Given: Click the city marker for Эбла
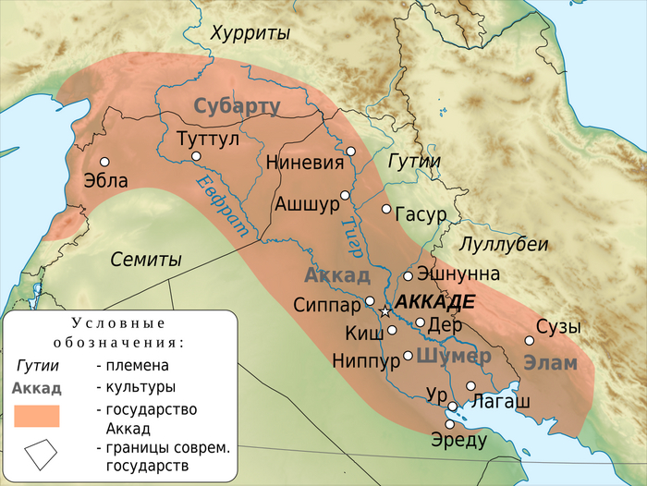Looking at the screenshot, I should coord(104,161).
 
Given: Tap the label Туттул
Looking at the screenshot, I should coord(207,139).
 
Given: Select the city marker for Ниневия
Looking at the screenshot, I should coord(350,151).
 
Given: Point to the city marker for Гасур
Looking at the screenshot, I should coord(386,209).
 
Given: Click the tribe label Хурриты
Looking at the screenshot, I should coord(250,33).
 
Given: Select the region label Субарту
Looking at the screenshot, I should coord(237,106).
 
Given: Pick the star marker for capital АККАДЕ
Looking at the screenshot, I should coord(385,311).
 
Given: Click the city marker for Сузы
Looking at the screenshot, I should coord(530,340).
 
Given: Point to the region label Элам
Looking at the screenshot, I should coord(550,363).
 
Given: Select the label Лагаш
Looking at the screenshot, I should coord(501,401).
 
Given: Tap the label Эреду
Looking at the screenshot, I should coord(458,440).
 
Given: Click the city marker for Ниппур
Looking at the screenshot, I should coord(408,356).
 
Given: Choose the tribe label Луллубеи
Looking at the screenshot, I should coord(504,245).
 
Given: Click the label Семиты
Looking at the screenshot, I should coord(146,260).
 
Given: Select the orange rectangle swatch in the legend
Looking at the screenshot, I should coord(37,417).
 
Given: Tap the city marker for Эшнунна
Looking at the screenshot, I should coord(408,275).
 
